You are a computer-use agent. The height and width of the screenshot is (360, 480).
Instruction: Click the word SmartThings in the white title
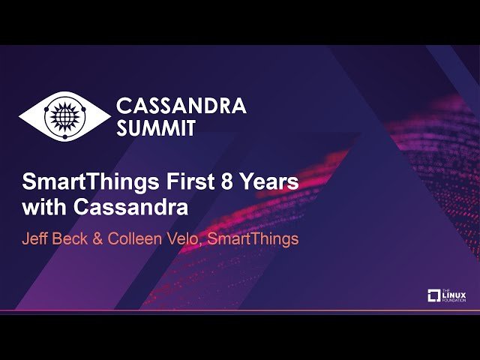click(79, 182)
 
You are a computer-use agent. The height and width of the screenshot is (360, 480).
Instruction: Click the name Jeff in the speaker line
click(36, 239)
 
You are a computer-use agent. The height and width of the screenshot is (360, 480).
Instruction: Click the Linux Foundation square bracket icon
click(434, 295)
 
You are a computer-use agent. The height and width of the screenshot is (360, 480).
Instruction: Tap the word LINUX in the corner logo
click(454, 295)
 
